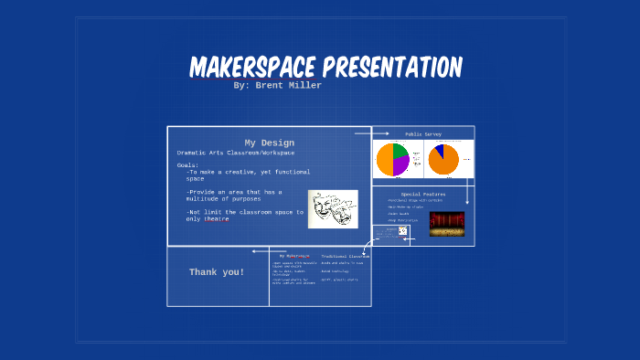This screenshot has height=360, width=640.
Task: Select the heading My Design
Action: [x=269, y=143]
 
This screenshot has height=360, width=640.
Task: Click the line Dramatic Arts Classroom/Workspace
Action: [x=236, y=153]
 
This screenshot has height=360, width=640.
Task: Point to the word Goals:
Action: [x=187, y=164]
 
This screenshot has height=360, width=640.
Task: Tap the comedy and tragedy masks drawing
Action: [x=332, y=208]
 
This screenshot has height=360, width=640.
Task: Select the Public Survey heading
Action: [x=423, y=133]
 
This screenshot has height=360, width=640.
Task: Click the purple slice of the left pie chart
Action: [x=400, y=164]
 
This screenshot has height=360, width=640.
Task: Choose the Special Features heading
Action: [x=422, y=194]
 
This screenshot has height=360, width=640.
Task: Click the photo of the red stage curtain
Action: [x=446, y=223]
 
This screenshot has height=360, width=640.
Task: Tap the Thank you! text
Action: [x=217, y=272]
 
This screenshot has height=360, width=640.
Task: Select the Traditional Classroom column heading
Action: [x=345, y=257]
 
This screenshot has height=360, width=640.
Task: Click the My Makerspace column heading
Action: [x=294, y=257]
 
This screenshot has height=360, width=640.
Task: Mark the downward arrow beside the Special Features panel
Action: [x=468, y=194]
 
